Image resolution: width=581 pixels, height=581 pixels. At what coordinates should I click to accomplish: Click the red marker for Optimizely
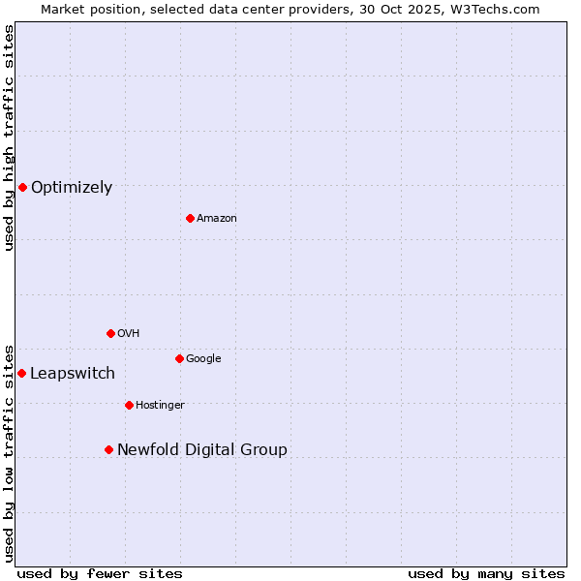22,187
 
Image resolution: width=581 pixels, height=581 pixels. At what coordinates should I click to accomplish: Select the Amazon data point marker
190,218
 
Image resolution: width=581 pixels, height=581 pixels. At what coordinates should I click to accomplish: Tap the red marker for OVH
110,333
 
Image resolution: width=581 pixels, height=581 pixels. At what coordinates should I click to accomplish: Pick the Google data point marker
179,358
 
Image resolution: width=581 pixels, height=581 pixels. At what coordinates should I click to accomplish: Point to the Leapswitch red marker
21,373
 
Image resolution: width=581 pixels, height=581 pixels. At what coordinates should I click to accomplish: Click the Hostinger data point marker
129,405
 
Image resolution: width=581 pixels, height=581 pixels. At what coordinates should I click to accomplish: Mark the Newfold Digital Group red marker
108,449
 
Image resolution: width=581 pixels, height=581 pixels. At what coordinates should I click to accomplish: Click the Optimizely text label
72,188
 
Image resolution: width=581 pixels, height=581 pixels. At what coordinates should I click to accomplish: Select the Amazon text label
217,219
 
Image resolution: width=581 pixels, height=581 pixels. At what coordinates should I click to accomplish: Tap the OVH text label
129,334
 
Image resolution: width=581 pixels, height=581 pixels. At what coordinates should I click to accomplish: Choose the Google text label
203,359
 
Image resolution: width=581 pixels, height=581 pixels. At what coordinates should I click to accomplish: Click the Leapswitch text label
73,374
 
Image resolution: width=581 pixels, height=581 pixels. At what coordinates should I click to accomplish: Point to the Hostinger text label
160,406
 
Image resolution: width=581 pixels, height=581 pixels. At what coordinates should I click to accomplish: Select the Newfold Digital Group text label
202,450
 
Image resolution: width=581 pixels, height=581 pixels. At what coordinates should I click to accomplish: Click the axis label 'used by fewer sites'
100,574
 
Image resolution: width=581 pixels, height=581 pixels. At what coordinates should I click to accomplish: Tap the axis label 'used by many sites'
486,574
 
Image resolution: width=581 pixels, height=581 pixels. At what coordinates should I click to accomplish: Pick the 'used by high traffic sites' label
9,138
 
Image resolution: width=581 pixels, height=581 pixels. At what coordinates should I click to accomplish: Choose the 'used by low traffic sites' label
9,452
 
